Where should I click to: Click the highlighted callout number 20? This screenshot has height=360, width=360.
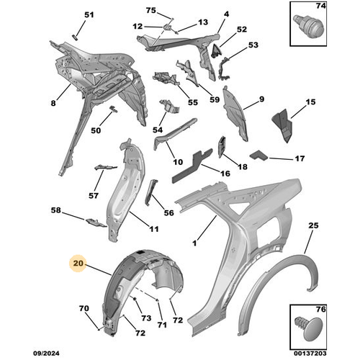pyautogui.click(x=78, y=264)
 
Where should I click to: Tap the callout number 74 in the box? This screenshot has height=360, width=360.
pyautogui.click(x=320, y=6)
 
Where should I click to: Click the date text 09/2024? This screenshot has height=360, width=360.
pyautogui.click(x=46, y=354)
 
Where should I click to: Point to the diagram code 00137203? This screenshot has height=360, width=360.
pyautogui.click(x=310, y=354)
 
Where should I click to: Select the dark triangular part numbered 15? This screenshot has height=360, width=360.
pyautogui.click(x=282, y=125)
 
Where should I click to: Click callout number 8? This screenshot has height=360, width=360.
pyautogui.click(x=53, y=103)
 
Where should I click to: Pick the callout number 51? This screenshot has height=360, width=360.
pyautogui.click(x=89, y=15)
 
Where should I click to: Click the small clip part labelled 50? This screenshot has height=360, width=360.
pyautogui.click(x=113, y=109)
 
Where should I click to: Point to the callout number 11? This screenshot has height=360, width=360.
pyautogui.click(x=154, y=229)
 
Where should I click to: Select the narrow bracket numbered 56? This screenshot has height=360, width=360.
pyautogui.click(x=150, y=192)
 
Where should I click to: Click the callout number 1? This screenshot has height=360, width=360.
pyautogui.click(x=194, y=243)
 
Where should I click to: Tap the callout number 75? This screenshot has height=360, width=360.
pyautogui.click(x=151, y=11)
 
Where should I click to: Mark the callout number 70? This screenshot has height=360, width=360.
pyautogui.click(x=84, y=308)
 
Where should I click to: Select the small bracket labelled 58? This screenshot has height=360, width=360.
pyautogui.click(x=96, y=222)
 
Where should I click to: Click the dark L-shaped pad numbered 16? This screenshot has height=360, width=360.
pyautogui.click(x=192, y=166)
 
